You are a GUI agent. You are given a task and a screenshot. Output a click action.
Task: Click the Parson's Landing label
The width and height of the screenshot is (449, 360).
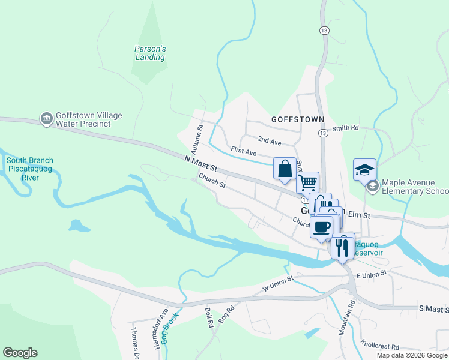[150, 53]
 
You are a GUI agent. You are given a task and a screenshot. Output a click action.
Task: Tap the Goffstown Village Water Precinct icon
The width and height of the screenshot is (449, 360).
[46, 119]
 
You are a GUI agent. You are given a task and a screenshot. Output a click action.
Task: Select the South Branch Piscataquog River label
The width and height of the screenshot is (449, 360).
[29, 169]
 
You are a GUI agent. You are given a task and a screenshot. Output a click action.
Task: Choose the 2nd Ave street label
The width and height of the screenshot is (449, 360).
[270, 142]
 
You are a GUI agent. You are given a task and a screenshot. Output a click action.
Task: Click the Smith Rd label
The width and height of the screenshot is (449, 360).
[345, 128]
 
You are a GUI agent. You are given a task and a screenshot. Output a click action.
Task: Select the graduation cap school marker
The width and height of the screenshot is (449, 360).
[364, 170]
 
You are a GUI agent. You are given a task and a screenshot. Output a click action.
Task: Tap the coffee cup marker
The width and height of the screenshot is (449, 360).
[321, 227]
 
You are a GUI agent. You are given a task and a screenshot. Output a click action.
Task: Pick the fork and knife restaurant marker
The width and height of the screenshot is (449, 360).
[342, 247]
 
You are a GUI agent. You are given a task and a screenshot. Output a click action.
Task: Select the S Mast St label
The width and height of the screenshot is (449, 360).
[433, 308]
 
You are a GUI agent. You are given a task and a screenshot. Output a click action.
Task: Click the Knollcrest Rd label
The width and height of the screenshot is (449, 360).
[380, 347]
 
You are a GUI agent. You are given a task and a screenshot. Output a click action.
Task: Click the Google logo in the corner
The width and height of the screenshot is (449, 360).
[20, 353]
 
